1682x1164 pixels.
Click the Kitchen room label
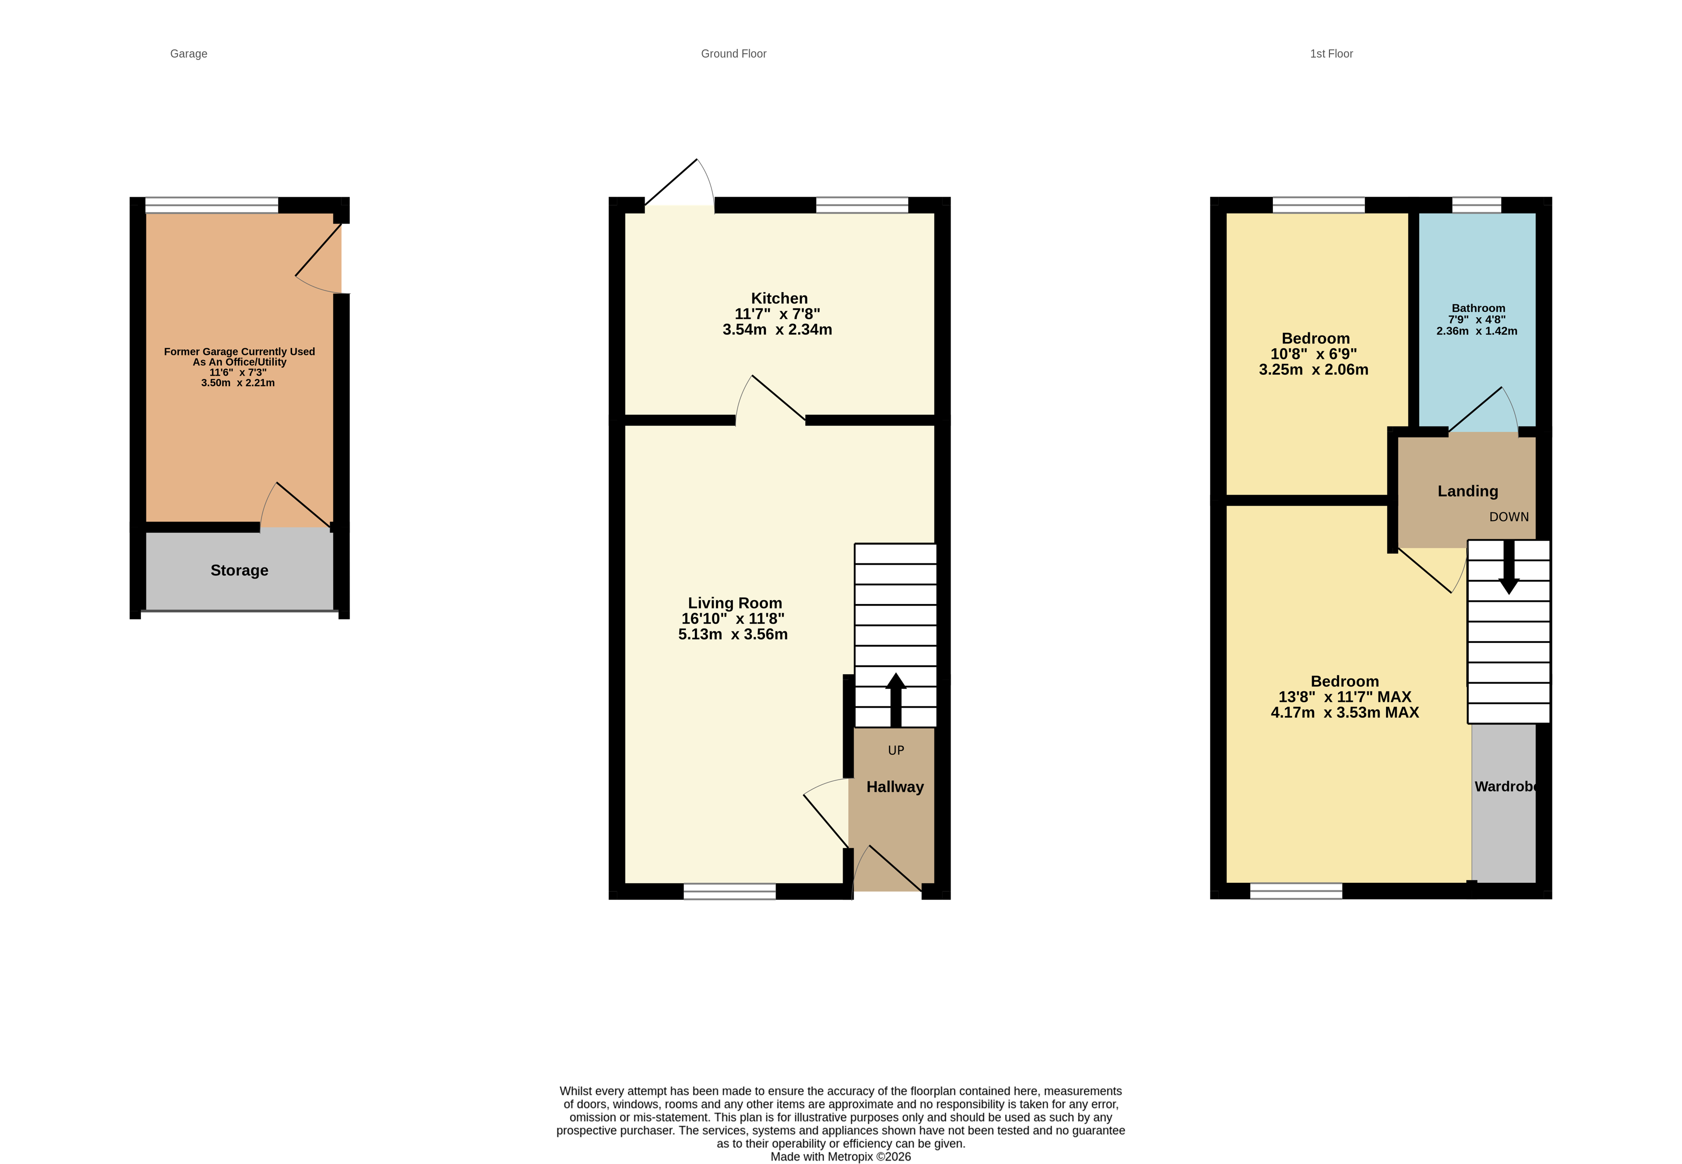(x=779, y=298)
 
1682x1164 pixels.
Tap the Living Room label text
(x=734, y=603)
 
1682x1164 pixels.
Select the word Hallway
(x=894, y=787)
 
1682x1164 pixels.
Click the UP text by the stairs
(x=895, y=750)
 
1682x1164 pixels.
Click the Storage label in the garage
(x=239, y=570)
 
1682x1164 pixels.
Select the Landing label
(x=1467, y=492)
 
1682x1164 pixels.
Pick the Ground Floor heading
(x=733, y=54)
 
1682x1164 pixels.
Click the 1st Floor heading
(x=1330, y=54)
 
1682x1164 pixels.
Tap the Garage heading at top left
(x=188, y=54)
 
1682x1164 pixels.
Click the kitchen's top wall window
(x=862, y=205)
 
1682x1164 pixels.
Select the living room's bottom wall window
(x=729, y=891)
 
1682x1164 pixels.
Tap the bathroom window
(x=1476, y=205)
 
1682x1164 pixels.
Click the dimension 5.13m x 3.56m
(x=733, y=634)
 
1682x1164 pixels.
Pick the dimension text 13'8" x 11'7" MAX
(x=1344, y=697)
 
